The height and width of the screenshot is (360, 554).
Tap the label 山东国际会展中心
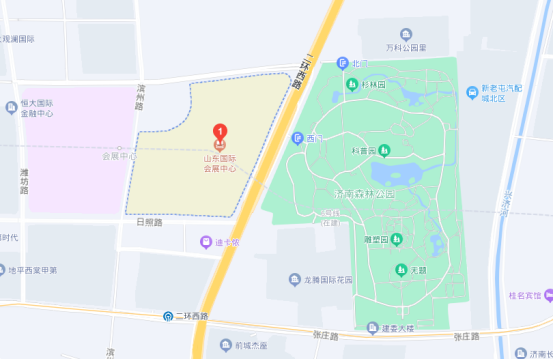pos(220,164)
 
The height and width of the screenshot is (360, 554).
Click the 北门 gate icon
pos(343,63)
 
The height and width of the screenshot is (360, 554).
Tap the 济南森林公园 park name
pos(364,194)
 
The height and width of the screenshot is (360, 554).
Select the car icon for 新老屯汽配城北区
pos(471,93)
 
